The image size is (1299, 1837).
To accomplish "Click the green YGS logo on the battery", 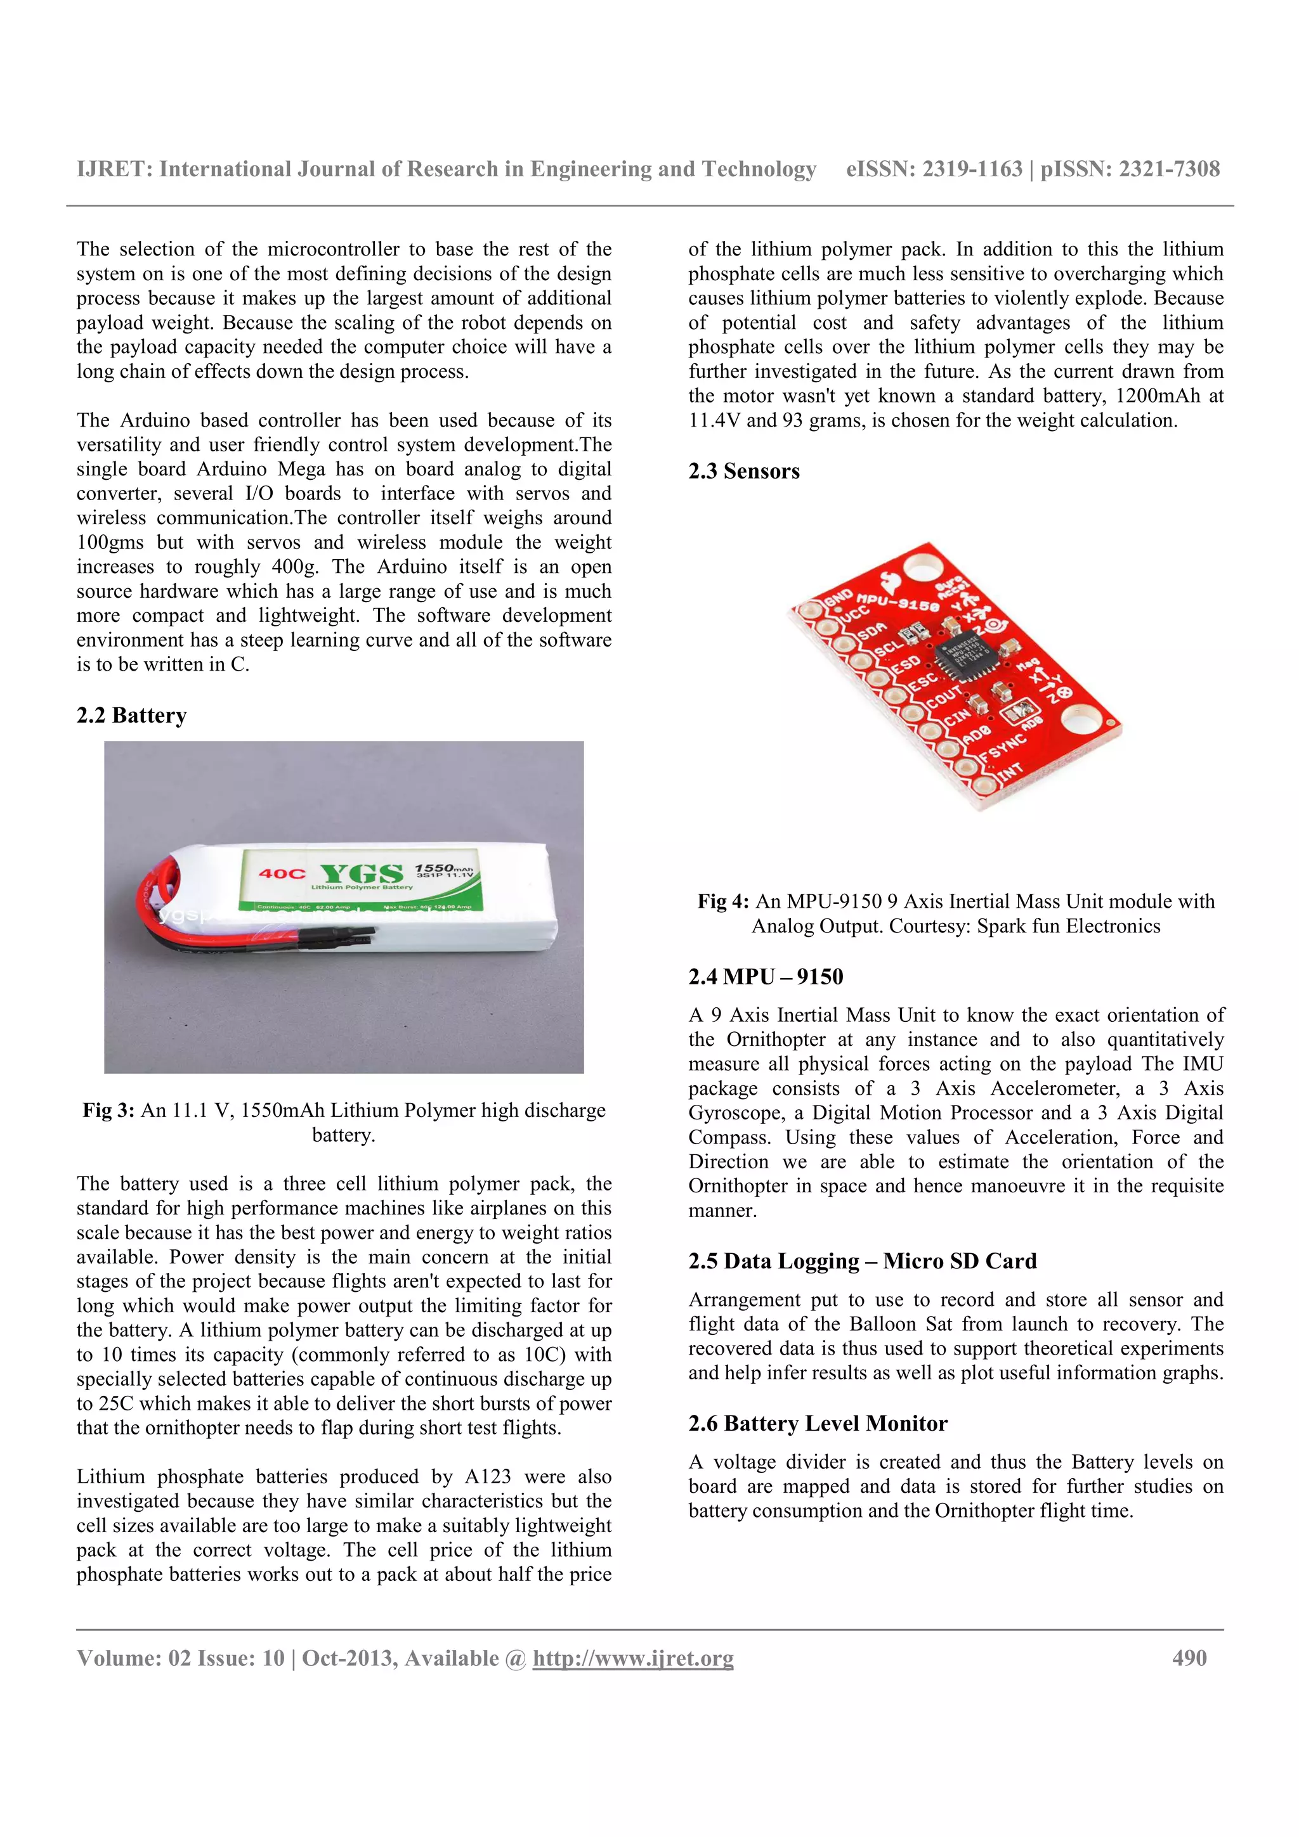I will coord(361,873).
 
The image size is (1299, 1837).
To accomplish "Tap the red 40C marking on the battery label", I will coord(281,873).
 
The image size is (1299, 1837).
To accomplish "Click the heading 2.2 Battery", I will coord(131,715).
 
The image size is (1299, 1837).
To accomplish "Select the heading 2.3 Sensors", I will coord(743,471).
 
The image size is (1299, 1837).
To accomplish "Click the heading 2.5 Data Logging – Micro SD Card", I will coord(862,1261).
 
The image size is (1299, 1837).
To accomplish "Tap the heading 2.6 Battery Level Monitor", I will coord(817,1423).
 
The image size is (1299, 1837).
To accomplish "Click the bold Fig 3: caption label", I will coord(108,1111).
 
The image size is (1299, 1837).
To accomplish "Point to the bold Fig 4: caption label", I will coord(722,901).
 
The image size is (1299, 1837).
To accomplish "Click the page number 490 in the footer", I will coord(1189,1658).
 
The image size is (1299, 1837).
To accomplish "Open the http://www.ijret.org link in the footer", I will coord(632,1658).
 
